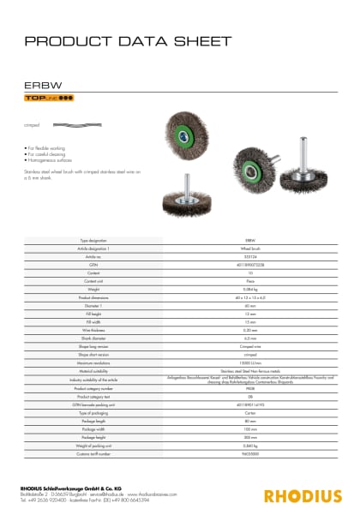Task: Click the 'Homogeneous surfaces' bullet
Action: (48, 159)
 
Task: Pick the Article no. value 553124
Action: (251, 255)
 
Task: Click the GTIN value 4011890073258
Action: (251, 262)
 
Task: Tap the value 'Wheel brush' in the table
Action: (251, 249)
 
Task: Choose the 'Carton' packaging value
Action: (251, 388)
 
